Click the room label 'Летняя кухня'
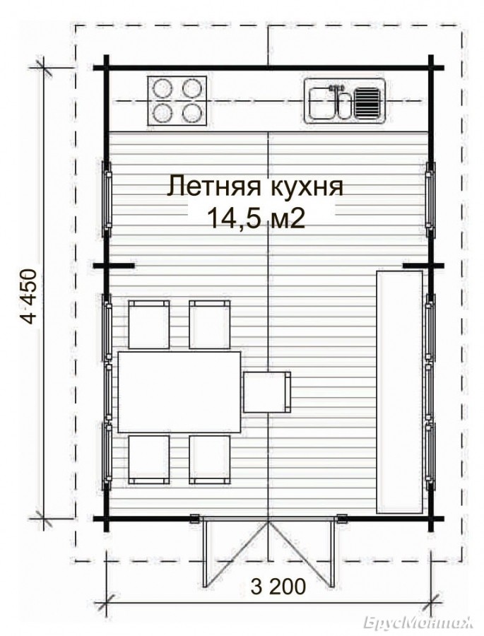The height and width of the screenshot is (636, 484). pos(255,187)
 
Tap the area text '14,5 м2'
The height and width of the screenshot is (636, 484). pos(256,219)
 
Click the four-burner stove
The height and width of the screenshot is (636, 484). pos(177,100)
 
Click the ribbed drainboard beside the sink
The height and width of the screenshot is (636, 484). pos(367,103)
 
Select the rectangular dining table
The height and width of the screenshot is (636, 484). pos(179,392)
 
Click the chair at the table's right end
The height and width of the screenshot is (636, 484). pos(267,393)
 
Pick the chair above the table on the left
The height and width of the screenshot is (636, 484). pos(149,324)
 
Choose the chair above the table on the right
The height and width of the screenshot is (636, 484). pos(210,324)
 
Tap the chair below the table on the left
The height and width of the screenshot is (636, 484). pos(149,459)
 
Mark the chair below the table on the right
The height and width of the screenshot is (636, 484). pos(210,459)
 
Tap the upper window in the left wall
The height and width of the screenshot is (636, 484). pos(108,199)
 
